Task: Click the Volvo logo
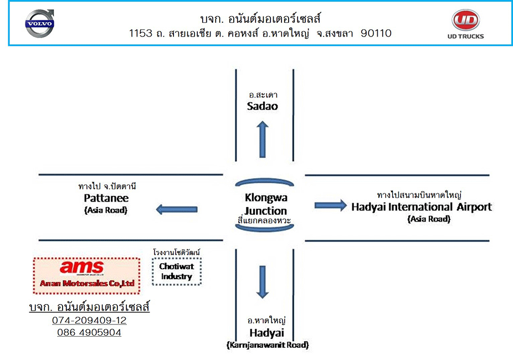point(40,24)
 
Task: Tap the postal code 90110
point(376,33)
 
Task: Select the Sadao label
point(262,106)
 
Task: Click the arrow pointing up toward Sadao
point(263,140)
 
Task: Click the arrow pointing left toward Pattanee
point(176,209)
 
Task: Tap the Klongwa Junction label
point(266,204)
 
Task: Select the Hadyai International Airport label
point(421,207)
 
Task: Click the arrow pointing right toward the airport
point(330,205)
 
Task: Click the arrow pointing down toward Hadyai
point(263,282)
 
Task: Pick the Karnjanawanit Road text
point(268,345)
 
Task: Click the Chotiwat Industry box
point(176,271)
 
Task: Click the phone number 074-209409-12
point(89,321)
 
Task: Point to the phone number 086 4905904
point(89,333)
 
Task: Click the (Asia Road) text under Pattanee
point(105,210)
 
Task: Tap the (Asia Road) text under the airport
point(429,219)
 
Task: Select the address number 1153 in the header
point(140,33)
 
